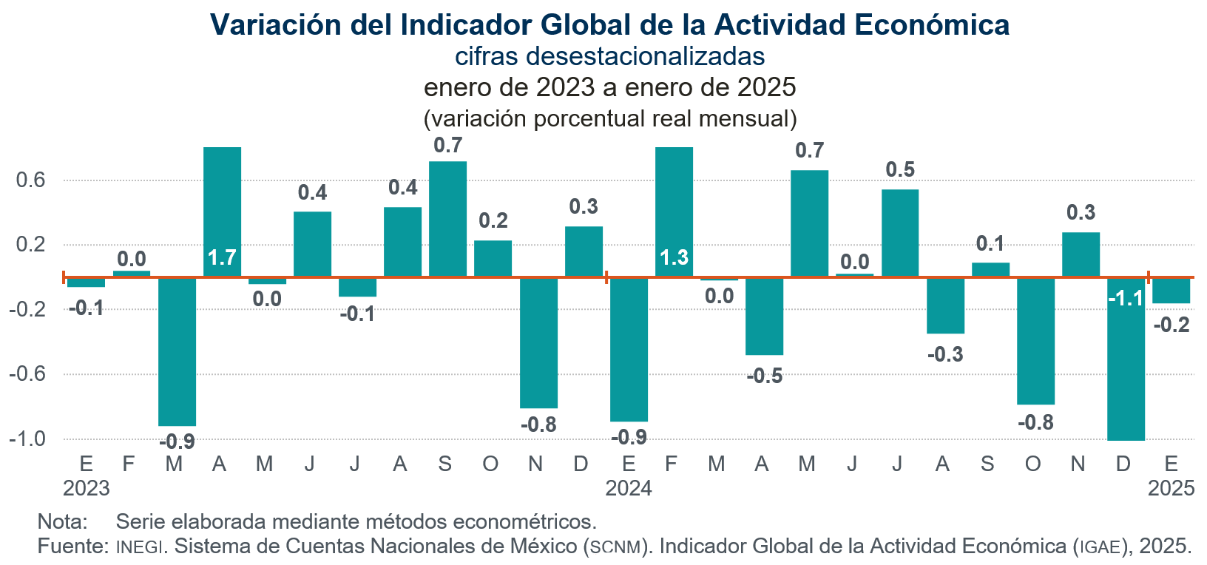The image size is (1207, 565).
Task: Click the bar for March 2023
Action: point(177,351)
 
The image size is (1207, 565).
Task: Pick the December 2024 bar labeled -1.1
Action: point(1126,359)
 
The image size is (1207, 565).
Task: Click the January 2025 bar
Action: point(1171,291)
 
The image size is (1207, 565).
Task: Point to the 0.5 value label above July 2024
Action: point(900,170)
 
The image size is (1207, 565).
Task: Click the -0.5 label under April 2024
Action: point(764,376)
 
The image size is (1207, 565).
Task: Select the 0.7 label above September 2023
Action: point(447,145)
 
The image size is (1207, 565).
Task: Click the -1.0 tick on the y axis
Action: point(27,439)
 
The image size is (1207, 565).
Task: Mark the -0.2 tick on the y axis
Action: point(27,309)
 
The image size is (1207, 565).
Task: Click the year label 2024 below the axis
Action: point(629,489)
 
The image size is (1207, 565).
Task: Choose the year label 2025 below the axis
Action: point(1171,489)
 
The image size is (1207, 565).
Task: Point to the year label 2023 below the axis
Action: point(87,489)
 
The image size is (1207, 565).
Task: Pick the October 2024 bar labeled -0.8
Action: point(1035,341)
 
